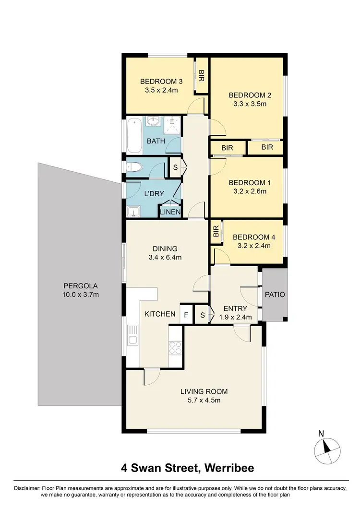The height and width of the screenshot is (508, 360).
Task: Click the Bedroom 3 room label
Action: [159, 81]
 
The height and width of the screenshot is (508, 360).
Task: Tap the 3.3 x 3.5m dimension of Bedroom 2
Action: [247, 104]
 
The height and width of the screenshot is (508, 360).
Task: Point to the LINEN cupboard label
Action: [170, 212]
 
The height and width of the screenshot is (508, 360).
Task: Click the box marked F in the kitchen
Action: [186, 315]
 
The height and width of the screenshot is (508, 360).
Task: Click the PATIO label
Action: [275, 295]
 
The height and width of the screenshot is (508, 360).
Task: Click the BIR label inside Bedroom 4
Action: [216, 232]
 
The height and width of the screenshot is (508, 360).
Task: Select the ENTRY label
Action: [235, 308]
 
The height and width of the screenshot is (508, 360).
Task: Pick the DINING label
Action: [165, 248]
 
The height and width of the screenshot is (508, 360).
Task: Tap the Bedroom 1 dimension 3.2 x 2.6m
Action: [247, 191]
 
